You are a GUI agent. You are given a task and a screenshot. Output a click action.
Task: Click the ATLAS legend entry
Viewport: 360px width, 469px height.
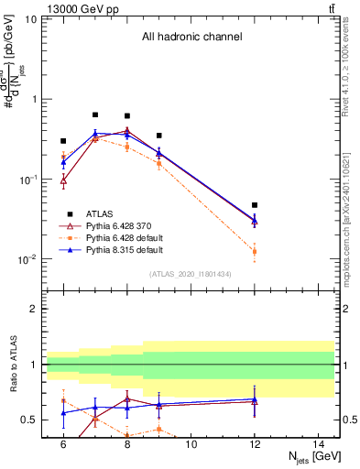point(99,211)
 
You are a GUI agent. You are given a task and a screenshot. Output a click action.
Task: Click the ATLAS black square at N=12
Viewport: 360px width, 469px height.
point(255,205)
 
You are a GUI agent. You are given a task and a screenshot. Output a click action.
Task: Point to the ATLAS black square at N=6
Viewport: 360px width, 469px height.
point(63,141)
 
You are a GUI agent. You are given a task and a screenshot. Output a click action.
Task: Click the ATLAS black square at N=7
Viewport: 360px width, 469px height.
point(95,115)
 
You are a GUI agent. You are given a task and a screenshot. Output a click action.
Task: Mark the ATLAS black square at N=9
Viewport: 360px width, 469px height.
point(158,136)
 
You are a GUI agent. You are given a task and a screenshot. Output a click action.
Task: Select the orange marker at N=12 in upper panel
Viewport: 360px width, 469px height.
point(255,251)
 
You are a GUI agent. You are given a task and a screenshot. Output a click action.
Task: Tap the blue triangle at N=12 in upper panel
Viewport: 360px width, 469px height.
point(255,221)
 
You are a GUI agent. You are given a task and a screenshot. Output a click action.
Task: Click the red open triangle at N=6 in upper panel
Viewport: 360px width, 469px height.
point(63,181)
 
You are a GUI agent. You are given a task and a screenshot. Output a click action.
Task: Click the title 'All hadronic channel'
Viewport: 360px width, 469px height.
point(191,37)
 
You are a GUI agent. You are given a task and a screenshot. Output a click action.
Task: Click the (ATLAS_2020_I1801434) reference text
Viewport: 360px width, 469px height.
point(191,274)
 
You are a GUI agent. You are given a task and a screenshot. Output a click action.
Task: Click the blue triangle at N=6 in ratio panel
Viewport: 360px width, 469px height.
point(63,413)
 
